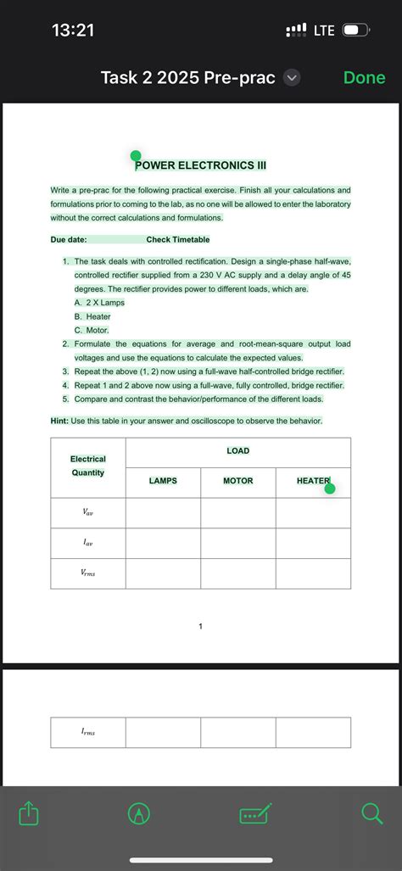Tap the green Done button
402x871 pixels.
click(x=364, y=78)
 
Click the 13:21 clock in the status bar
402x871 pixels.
click(x=73, y=31)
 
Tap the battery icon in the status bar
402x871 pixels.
click(x=355, y=31)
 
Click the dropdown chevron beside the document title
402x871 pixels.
click(x=291, y=78)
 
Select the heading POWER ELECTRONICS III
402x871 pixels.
click(x=200, y=165)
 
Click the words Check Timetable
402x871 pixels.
click(x=178, y=240)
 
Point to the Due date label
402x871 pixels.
click(x=69, y=240)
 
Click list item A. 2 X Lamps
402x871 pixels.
click(x=99, y=303)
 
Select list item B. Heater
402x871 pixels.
click(x=92, y=316)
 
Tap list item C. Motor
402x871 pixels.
click(x=92, y=330)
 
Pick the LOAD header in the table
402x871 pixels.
click(x=238, y=450)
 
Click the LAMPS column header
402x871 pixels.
click(x=163, y=481)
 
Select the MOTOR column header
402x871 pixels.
click(x=238, y=481)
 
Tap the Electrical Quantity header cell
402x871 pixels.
click(x=88, y=466)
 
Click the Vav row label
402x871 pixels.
click(x=88, y=512)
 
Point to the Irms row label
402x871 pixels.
click(x=88, y=732)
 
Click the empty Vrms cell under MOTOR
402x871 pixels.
click(x=238, y=573)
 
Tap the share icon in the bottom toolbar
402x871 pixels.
click(x=29, y=814)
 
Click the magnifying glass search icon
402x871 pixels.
click(x=371, y=814)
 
